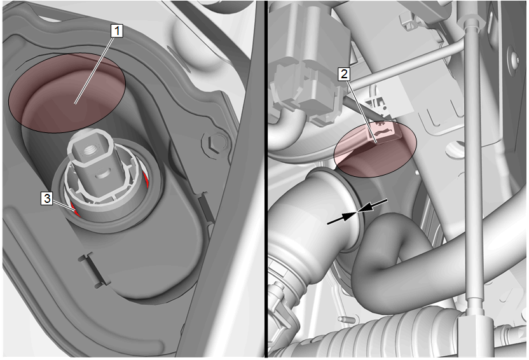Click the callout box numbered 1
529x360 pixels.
(x=117, y=31)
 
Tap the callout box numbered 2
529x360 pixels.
(x=344, y=74)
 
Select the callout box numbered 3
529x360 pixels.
(x=47, y=198)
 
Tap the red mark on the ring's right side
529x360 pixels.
(x=146, y=179)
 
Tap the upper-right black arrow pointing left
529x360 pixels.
(x=373, y=205)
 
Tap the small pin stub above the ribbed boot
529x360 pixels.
(x=343, y=319)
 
